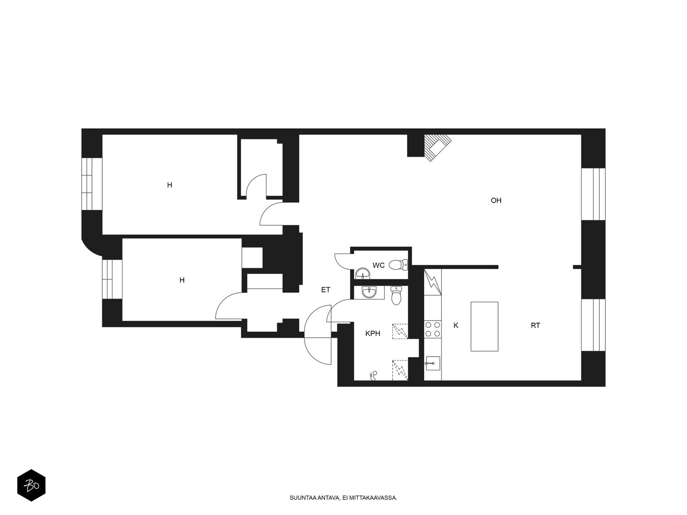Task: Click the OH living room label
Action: click(496, 200)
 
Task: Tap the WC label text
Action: click(378, 266)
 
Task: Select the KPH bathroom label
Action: click(373, 333)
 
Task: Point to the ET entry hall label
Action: click(325, 290)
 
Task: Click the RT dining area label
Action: click(535, 325)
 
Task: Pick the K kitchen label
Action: click(456, 325)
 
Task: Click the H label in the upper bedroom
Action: click(170, 185)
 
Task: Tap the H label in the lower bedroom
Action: click(182, 280)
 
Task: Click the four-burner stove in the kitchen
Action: click(432, 329)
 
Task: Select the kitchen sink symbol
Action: click(432, 364)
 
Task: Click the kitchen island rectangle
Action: click(484, 327)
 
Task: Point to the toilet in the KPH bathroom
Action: click(396, 296)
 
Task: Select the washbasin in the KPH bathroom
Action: click(369, 293)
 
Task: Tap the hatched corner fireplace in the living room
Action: click(438, 148)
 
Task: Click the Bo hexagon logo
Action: click(31, 485)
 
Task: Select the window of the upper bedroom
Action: click(92, 184)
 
